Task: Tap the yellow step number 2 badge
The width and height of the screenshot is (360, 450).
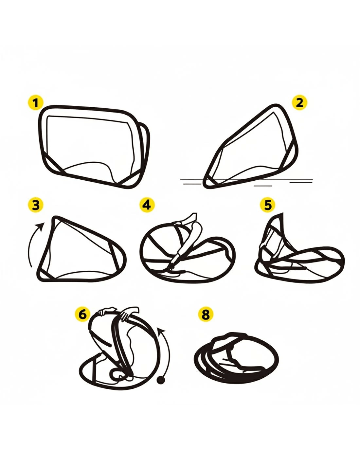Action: pyautogui.click(x=299, y=103)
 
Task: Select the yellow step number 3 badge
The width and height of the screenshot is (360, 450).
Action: pyautogui.click(x=36, y=205)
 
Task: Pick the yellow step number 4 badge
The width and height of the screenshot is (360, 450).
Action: pyautogui.click(x=147, y=205)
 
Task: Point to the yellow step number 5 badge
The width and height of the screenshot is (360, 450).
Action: pyautogui.click(x=267, y=205)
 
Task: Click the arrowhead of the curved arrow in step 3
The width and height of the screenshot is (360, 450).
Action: pyautogui.click(x=41, y=226)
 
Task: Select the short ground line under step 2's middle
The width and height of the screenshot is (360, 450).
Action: pyautogui.click(x=263, y=186)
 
